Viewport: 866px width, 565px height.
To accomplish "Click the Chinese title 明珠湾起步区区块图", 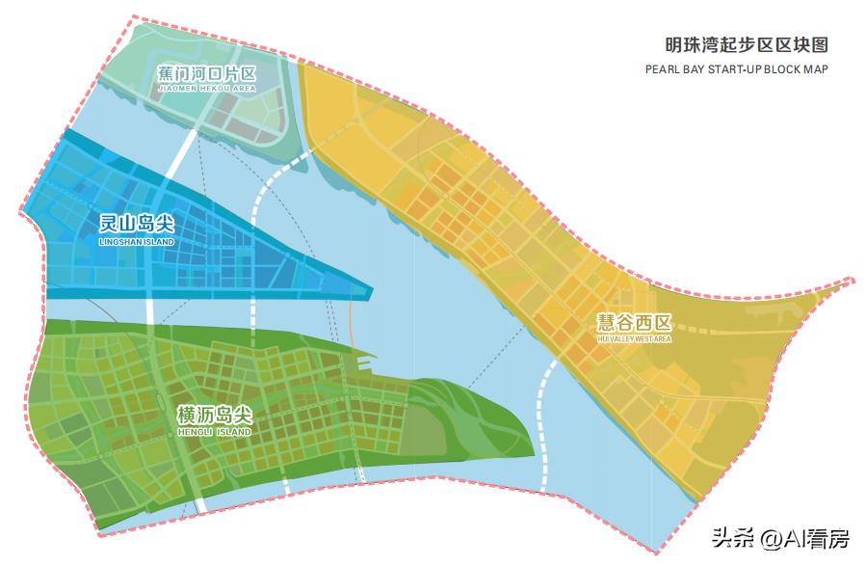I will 746,45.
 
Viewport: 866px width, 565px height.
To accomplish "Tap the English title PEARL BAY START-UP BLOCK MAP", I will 736,69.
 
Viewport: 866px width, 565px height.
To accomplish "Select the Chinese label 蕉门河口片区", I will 206,73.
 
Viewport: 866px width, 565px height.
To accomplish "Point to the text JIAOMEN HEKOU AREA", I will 206,89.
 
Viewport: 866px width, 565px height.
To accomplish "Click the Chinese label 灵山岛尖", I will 136,224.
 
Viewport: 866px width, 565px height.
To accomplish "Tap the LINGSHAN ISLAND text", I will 136,241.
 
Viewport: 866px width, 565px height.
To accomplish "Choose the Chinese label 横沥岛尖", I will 214,416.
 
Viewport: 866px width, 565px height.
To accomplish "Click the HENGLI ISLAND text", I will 214,433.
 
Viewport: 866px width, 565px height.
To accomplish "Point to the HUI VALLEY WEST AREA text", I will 633,339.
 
